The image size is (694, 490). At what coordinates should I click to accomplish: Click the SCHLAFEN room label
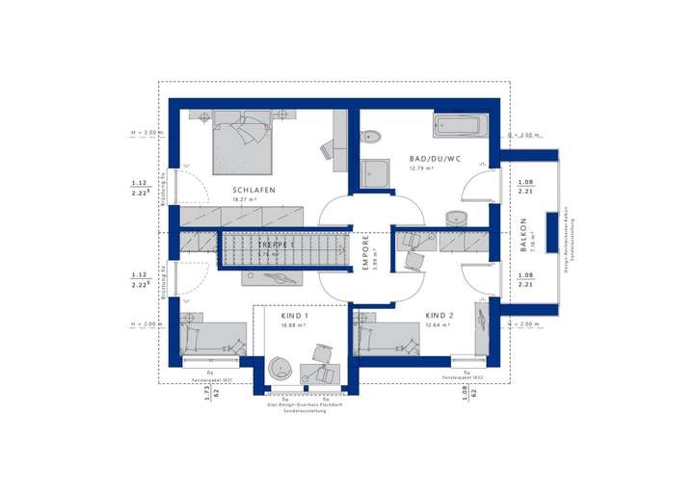[x=254, y=191]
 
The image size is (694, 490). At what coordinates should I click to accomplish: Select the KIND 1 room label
[x=295, y=316]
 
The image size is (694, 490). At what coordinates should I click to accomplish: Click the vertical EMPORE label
[x=366, y=252]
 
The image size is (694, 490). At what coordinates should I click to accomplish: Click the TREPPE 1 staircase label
[x=276, y=246]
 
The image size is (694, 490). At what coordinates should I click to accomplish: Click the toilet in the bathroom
[x=370, y=137]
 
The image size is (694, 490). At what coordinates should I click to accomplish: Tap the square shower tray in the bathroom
[x=375, y=174]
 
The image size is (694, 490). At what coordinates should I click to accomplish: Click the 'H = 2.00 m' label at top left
[x=145, y=133]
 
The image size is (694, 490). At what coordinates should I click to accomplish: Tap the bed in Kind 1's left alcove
[x=211, y=337]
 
